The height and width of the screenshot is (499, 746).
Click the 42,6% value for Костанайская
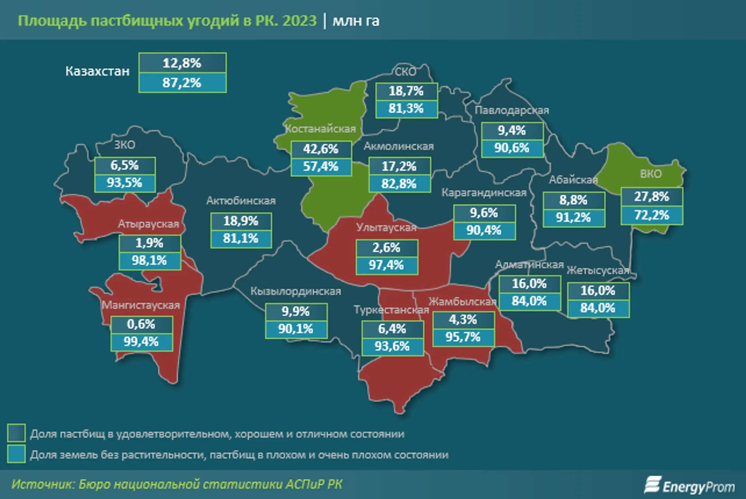click(321, 149)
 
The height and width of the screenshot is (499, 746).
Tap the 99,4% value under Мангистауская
click(141, 342)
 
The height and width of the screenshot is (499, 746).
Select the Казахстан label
click(97, 71)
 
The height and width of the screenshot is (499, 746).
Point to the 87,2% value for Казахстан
click(182, 83)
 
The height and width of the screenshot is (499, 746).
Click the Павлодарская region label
click(511, 110)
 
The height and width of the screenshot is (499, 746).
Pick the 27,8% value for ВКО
click(652, 197)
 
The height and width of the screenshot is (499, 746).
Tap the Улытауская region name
click(386, 228)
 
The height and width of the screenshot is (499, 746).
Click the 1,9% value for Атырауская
click(149, 243)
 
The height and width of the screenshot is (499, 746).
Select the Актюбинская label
click(241, 201)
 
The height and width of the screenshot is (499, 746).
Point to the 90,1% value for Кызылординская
click(296, 329)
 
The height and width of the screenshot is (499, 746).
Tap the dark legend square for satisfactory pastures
click(16, 433)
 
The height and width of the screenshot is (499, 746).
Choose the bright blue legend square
click(16, 453)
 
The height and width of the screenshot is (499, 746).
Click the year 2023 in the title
click(299, 21)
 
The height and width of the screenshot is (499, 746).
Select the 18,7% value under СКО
click(406, 91)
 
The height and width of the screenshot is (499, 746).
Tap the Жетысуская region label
click(598, 270)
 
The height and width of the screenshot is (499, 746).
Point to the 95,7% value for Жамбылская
click(463, 337)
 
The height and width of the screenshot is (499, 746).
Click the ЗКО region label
click(125, 145)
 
